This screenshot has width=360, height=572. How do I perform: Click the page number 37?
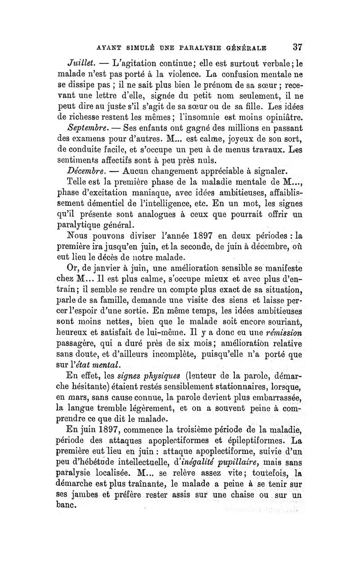(297, 47)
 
